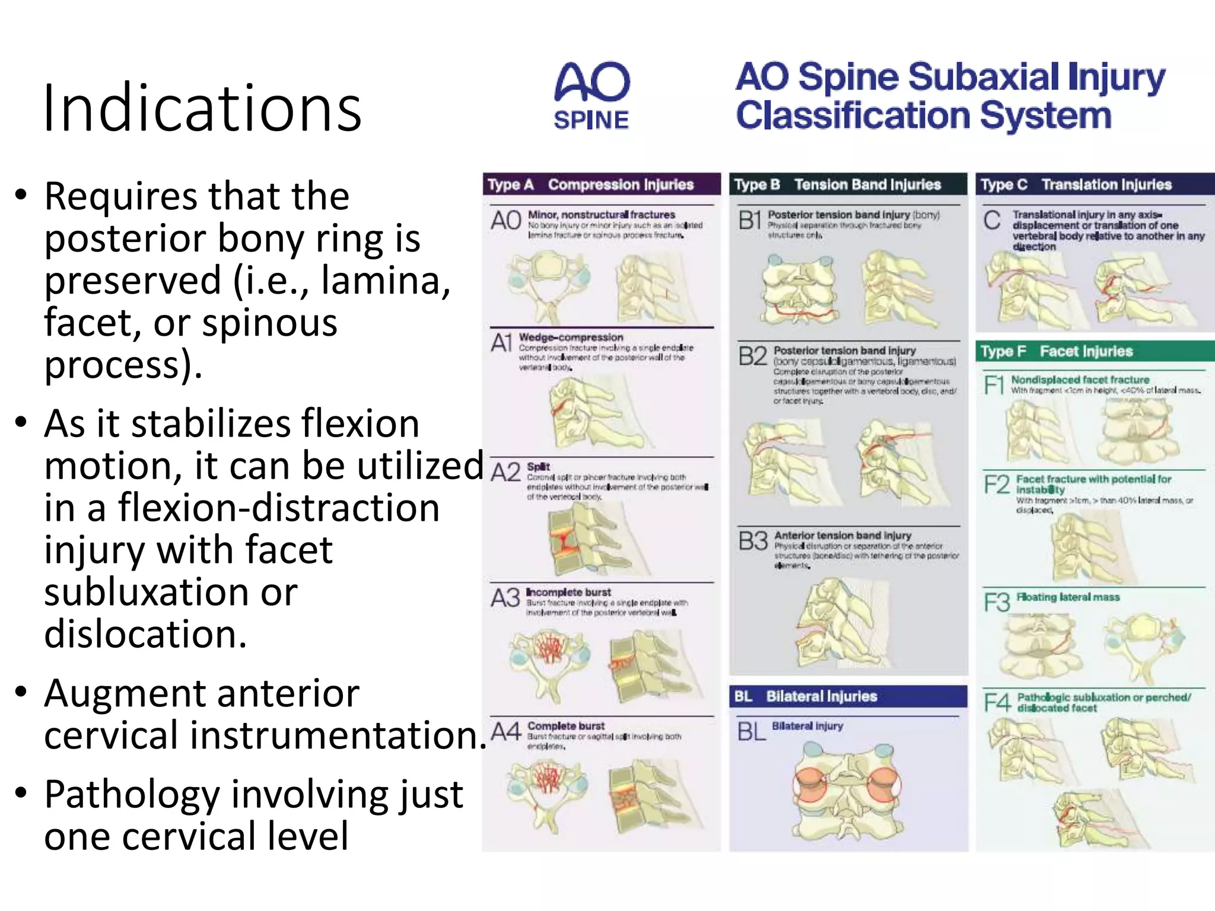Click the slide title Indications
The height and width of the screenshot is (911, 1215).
pos(202,109)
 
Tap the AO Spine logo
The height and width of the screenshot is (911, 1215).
pos(591,96)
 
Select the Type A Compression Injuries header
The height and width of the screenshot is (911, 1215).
pos(601,184)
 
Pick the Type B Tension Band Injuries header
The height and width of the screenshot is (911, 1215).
pos(847,184)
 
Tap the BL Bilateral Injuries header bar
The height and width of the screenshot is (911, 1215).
pos(847,696)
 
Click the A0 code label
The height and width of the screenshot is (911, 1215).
pos(505,221)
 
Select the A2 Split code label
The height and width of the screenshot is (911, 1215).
pos(505,473)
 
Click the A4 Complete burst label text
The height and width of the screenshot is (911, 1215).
pos(566,726)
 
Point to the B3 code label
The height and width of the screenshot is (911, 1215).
pos(753,541)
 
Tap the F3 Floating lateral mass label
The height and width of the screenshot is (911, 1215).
pos(1068,597)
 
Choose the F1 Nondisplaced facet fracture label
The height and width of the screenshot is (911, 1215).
pos(1080,380)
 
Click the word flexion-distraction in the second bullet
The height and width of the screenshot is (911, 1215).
pos(279,508)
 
